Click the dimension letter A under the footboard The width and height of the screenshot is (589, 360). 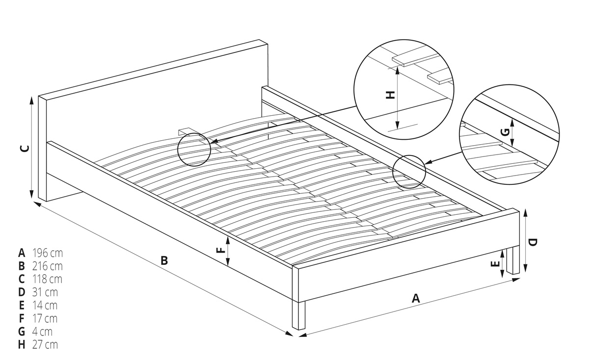point(416,298)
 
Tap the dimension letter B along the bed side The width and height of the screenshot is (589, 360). point(164,260)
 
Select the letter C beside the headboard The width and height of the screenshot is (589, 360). point(25,149)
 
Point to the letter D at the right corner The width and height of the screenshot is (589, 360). point(533,242)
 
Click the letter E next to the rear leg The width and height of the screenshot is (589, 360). point(495,264)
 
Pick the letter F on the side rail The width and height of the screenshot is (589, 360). point(221,250)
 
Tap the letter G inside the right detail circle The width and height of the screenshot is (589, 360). point(506,132)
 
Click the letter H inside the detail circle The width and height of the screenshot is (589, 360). point(391,95)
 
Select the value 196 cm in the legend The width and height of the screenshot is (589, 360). point(48,253)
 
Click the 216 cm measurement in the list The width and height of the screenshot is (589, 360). point(48,266)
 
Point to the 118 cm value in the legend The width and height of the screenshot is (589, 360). point(47,279)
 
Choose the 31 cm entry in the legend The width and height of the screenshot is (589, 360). point(45,292)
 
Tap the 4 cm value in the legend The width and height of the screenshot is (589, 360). point(42,332)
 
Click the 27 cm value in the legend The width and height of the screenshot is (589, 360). point(45,345)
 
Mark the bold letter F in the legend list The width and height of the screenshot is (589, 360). point(22,318)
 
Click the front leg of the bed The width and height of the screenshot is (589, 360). point(299,315)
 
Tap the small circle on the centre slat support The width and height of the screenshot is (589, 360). point(194,150)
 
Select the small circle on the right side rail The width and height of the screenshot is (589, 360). point(409,172)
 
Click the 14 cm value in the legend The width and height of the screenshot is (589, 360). point(45,306)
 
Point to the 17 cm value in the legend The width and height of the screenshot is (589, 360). point(45,318)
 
